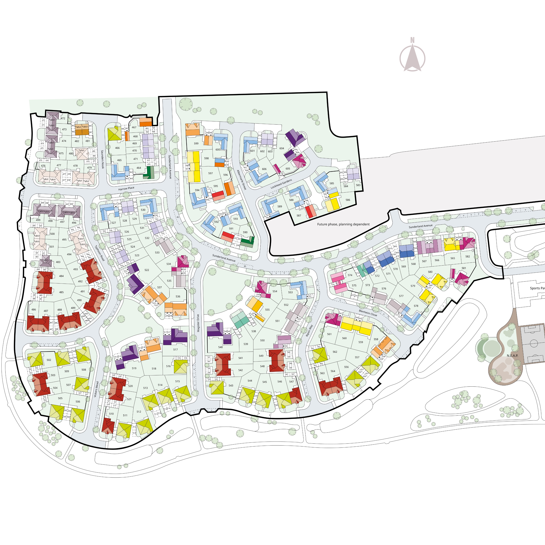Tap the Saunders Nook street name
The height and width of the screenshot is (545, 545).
pos(102,159)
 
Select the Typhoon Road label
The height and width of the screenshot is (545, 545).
pos(99,253)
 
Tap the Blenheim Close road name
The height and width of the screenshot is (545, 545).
pos(368,313)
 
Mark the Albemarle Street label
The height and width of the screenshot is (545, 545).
pos(242,180)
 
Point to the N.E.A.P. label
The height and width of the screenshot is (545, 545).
pos(512,356)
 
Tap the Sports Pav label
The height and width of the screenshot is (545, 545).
pos(537,288)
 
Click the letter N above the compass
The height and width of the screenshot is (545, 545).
pos(412,40)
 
